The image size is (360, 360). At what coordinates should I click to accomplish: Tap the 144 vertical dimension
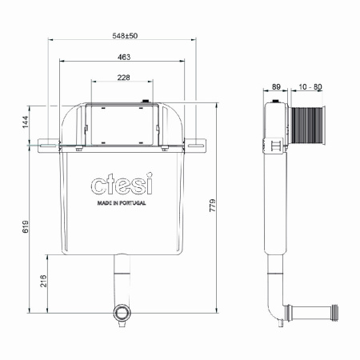(25, 122)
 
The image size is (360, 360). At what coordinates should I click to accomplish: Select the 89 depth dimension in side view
(276, 86)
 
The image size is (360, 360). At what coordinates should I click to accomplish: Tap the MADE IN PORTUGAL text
(122, 204)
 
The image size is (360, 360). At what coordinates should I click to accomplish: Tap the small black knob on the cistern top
(146, 102)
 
